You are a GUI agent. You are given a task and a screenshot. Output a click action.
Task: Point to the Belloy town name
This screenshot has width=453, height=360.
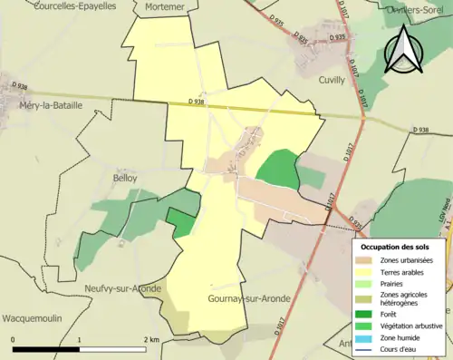tap(124, 178)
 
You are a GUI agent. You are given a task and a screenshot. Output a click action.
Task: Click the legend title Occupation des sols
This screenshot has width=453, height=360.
tap(398, 246)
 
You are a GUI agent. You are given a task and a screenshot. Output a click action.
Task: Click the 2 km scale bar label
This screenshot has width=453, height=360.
tap(150, 339)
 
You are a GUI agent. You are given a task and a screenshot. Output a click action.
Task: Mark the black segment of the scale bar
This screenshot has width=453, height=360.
tap(46, 350)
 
